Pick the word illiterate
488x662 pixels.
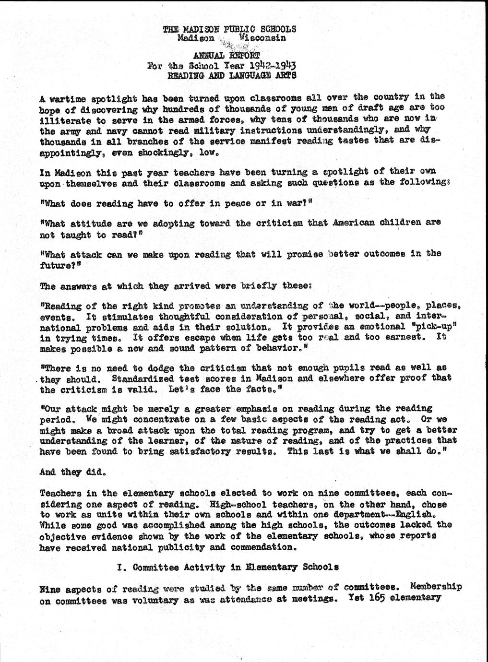63,120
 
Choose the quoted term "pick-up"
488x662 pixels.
432,326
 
